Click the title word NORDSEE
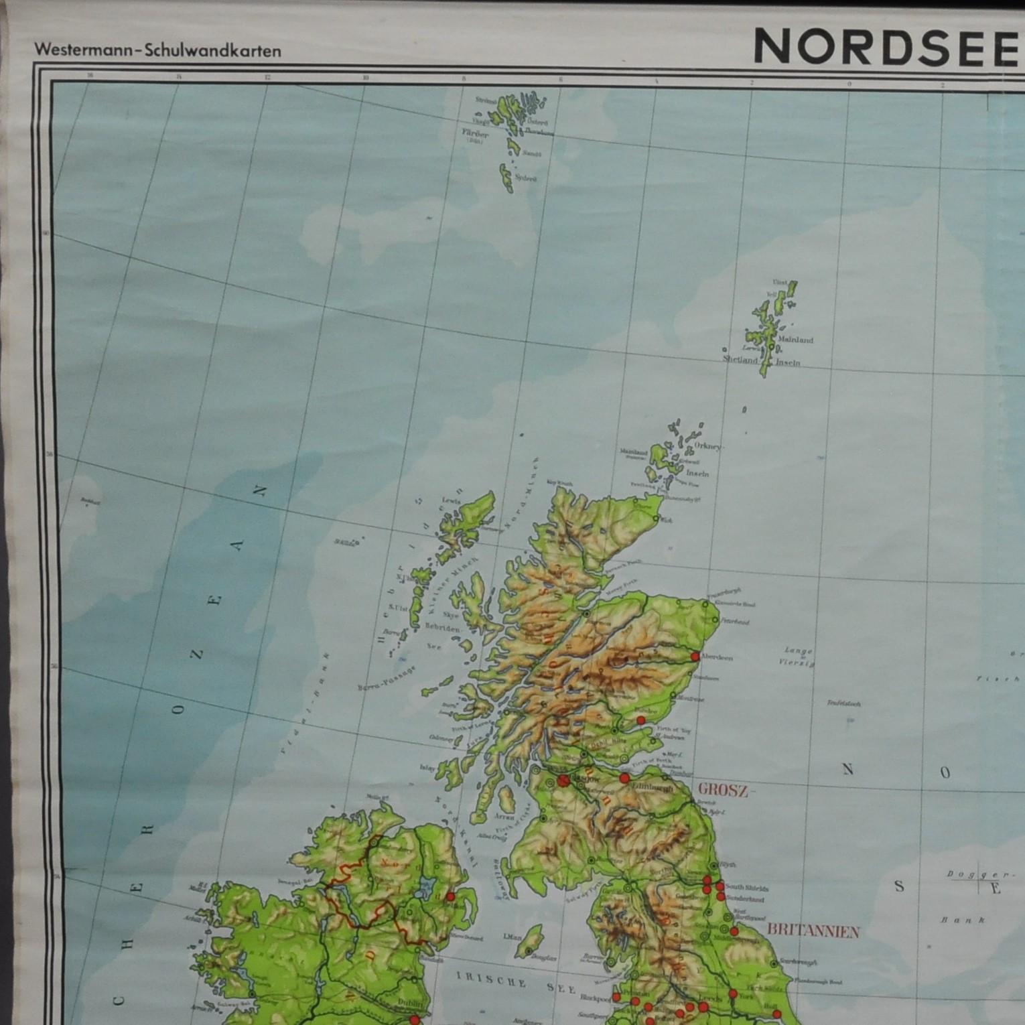click(x=884, y=48)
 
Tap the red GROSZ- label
click(x=722, y=791)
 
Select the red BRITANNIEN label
click(x=813, y=931)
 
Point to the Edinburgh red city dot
click(x=624, y=778)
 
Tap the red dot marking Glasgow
click(x=562, y=780)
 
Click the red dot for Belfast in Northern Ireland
click(x=450, y=896)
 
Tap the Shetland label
click(x=740, y=359)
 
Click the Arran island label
click(x=505, y=817)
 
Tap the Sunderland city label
click(x=745, y=898)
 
